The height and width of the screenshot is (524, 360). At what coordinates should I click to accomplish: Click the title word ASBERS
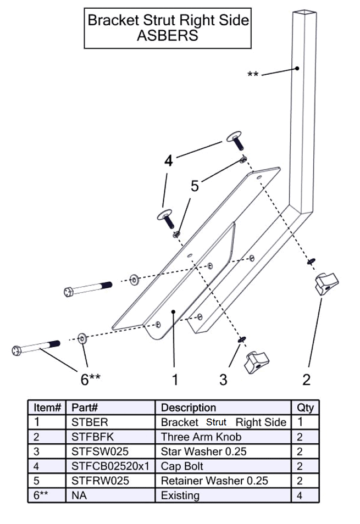(168, 35)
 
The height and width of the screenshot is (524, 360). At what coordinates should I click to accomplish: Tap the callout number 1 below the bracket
(175, 379)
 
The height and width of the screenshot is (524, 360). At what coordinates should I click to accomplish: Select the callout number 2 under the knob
(306, 379)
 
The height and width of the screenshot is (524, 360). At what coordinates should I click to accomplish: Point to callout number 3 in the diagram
(223, 379)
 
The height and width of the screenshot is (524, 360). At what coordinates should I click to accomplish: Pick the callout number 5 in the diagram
(195, 186)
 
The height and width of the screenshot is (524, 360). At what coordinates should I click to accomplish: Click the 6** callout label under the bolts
(88, 379)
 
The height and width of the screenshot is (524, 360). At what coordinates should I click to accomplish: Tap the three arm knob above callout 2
(326, 284)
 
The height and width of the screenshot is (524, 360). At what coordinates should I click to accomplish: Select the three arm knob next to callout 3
(257, 361)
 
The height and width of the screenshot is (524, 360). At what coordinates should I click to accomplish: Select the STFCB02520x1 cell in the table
(110, 466)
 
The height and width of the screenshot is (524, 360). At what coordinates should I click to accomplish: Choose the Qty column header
(305, 408)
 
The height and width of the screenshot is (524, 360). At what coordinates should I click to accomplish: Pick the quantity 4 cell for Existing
(301, 495)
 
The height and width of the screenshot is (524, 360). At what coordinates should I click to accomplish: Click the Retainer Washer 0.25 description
(214, 481)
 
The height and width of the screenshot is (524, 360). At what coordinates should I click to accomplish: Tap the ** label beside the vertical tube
(253, 74)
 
